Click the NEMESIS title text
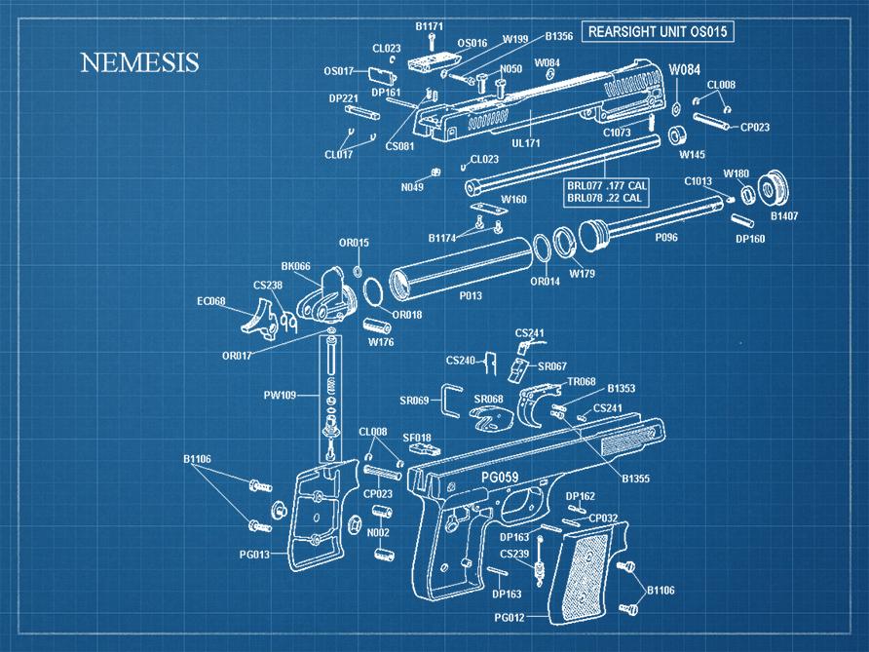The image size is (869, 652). click(139, 63)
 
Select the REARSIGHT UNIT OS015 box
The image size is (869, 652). click(658, 31)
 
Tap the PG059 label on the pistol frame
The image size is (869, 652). click(500, 478)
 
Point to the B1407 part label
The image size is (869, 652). click(784, 215)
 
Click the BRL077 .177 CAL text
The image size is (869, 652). click(606, 184)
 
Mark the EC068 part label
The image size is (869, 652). click(210, 301)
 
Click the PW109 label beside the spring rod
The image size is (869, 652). click(280, 396)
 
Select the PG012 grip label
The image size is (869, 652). click(510, 617)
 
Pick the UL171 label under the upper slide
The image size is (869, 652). click(526, 143)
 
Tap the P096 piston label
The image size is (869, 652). click(666, 237)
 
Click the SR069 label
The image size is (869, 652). click(414, 401)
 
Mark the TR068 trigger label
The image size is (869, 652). click(582, 381)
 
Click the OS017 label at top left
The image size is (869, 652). click(339, 71)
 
